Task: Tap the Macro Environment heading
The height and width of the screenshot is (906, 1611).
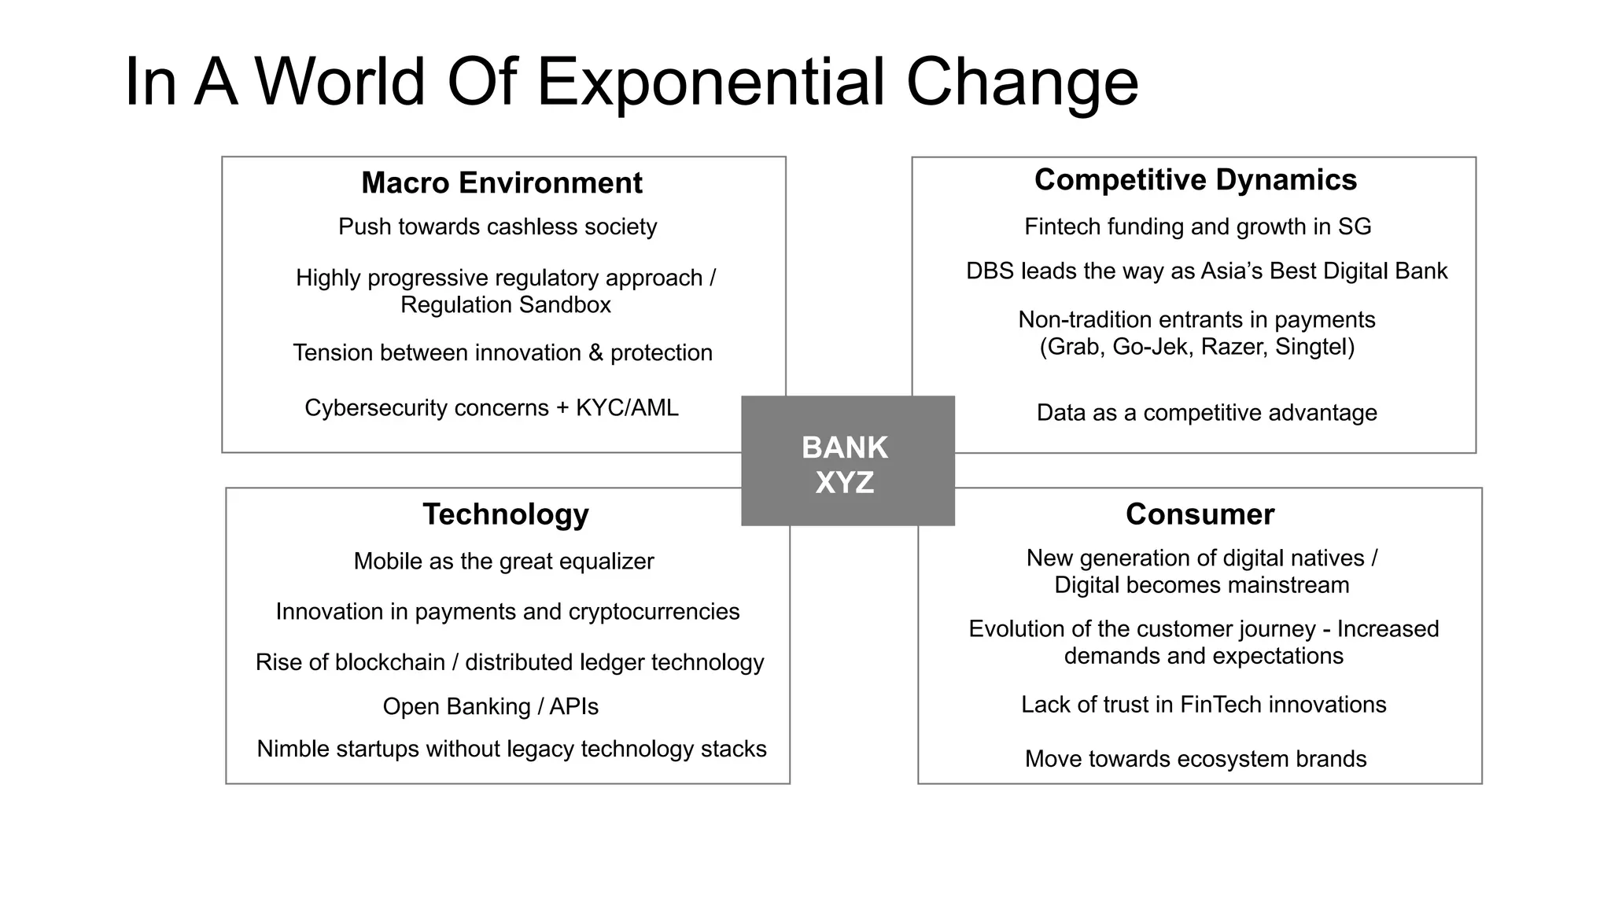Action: click(501, 182)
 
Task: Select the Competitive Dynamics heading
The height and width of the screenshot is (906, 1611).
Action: click(1195, 179)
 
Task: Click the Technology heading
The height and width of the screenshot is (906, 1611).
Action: click(506, 514)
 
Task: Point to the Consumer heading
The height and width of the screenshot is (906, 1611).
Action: click(1200, 514)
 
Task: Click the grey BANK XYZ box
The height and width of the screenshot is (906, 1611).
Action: click(847, 461)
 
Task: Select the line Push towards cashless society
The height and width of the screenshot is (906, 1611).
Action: click(497, 226)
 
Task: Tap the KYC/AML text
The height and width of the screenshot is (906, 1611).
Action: click(627, 407)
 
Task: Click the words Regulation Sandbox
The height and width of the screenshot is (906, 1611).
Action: click(505, 304)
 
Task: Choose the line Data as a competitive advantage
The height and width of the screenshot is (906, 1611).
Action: click(1206, 413)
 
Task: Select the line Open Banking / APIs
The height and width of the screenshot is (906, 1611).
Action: click(490, 706)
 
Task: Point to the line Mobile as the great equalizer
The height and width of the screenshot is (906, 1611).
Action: click(503, 562)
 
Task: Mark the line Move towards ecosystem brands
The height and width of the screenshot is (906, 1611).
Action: click(1195, 759)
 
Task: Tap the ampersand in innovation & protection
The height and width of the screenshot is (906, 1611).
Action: click(595, 352)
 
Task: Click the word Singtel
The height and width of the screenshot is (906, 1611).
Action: click(1314, 347)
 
